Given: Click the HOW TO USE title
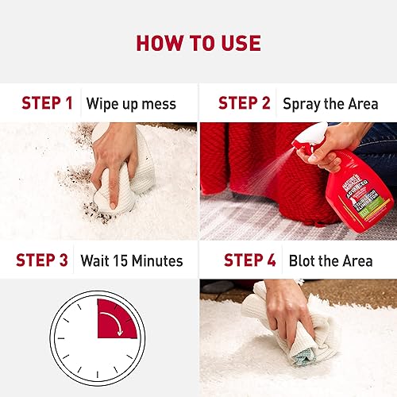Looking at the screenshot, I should point(198,41).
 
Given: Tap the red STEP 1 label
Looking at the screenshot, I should point(47,102).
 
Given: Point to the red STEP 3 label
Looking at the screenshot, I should point(44,260).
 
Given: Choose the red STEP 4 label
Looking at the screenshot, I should point(251,260).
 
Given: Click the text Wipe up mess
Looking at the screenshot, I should point(131,103).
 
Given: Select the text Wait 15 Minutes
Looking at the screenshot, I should point(131,260).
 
